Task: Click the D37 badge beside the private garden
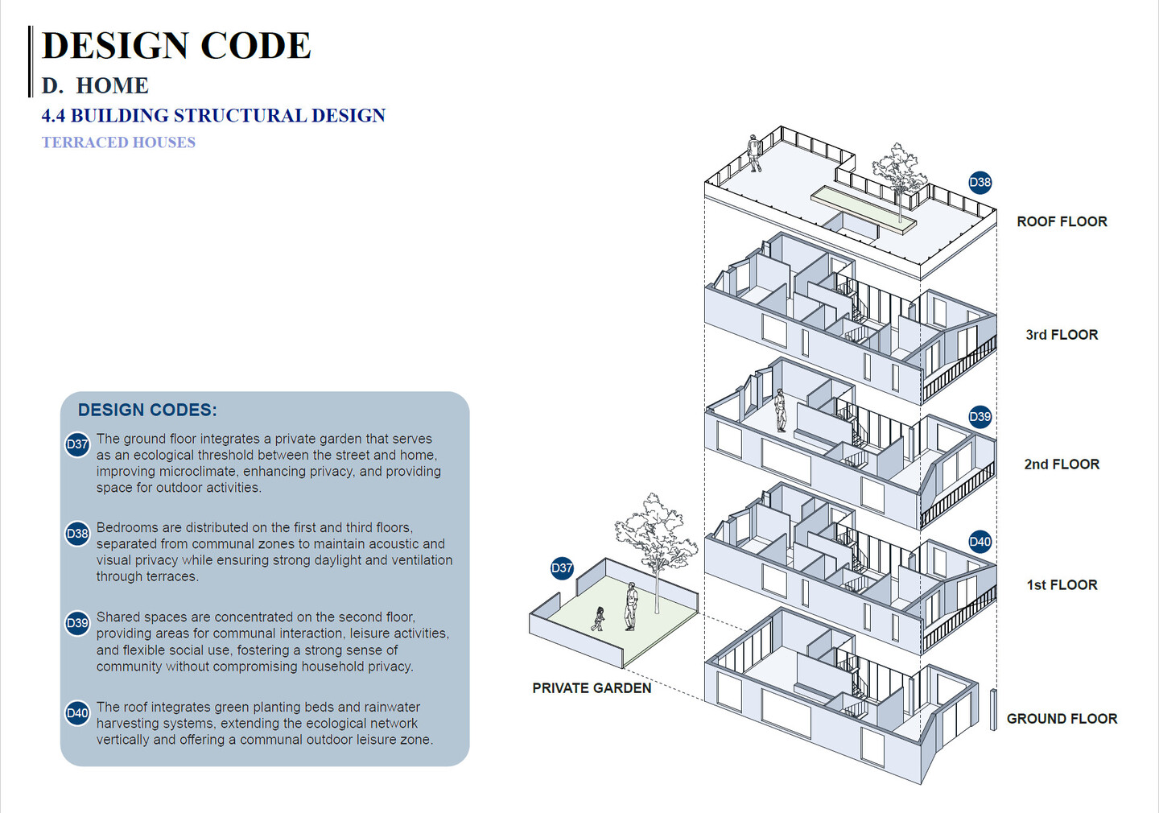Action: (x=562, y=568)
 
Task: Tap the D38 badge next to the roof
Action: (x=980, y=182)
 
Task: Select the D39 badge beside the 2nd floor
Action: (x=980, y=417)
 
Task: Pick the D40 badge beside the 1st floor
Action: (x=980, y=542)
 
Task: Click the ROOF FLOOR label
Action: (x=1062, y=221)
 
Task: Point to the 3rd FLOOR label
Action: (x=1062, y=335)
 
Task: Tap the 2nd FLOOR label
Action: (x=1062, y=464)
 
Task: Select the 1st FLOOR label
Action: (x=1062, y=584)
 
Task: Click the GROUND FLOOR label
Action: (x=1062, y=718)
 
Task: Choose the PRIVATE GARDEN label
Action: (x=592, y=688)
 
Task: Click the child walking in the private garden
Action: (x=598, y=619)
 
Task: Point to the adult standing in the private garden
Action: (x=630, y=606)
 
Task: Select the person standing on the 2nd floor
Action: (x=780, y=411)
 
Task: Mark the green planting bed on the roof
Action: (x=864, y=209)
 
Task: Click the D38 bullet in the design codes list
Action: (x=77, y=534)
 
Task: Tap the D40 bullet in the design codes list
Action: (x=77, y=713)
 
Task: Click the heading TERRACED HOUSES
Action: (x=118, y=142)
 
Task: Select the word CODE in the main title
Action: (x=256, y=46)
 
